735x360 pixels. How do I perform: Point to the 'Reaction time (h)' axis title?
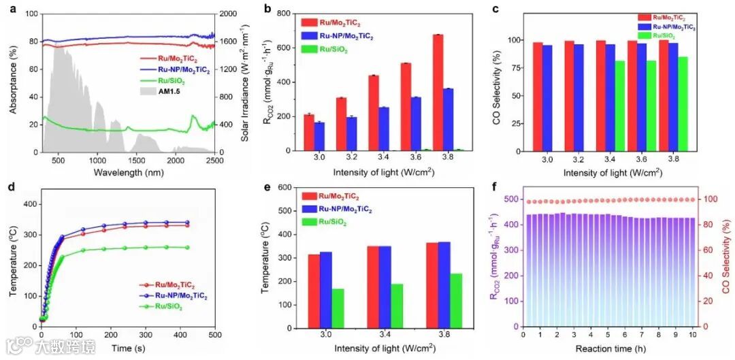click(x=608, y=348)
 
